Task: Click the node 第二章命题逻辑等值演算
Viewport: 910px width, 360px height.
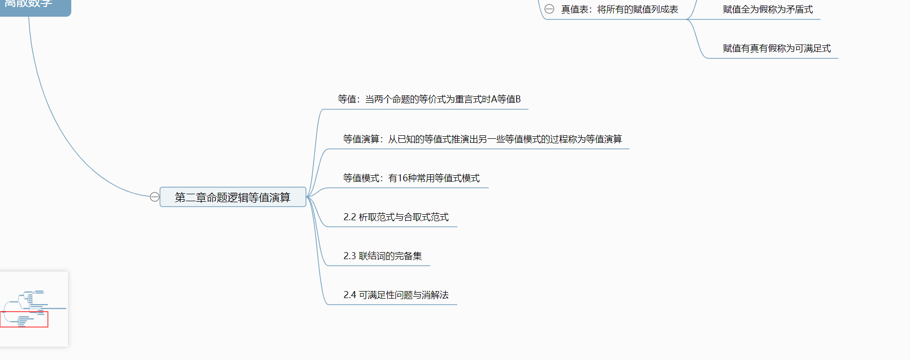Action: pyautogui.click(x=232, y=197)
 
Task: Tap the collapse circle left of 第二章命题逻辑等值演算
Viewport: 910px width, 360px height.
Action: pyautogui.click(x=155, y=197)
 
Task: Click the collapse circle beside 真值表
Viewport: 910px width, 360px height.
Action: pyautogui.click(x=549, y=9)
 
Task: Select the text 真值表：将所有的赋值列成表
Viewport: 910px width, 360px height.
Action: pyautogui.click(x=619, y=9)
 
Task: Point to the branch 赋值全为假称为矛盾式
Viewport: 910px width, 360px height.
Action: pyautogui.click(x=767, y=9)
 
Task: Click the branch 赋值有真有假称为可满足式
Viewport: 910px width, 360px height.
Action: pyautogui.click(x=776, y=48)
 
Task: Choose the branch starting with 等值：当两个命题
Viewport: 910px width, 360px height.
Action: pyautogui.click(x=429, y=99)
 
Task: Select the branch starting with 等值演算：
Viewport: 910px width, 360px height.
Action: pyautogui.click(x=482, y=139)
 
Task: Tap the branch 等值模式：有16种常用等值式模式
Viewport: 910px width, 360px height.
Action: pyautogui.click(x=411, y=178)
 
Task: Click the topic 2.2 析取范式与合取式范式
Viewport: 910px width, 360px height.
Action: pyautogui.click(x=396, y=217)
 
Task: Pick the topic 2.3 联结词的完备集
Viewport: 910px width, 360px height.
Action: pyautogui.click(x=382, y=256)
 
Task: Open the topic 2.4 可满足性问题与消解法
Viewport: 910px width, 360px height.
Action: pyautogui.click(x=396, y=295)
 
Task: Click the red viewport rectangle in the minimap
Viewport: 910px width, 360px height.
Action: pyautogui.click(x=24, y=319)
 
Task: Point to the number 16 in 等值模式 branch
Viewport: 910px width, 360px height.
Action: pyautogui.click(x=403, y=178)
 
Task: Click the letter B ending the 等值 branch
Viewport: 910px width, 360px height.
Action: pyautogui.click(x=518, y=99)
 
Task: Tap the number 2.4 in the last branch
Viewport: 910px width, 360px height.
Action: pyautogui.click(x=349, y=295)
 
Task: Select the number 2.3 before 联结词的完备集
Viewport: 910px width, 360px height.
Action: pyautogui.click(x=349, y=256)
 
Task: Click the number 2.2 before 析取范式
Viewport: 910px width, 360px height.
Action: pyautogui.click(x=349, y=217)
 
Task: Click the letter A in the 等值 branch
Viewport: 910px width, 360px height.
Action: pyautogui.click(x=494, y=99)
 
